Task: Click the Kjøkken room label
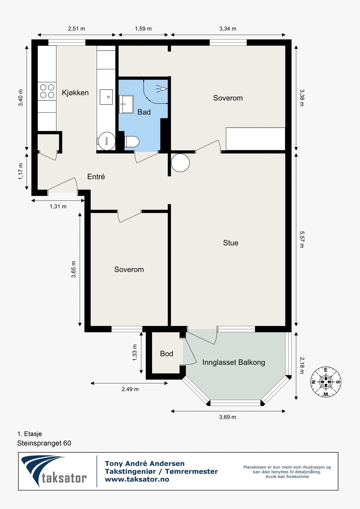(x=75, y=93)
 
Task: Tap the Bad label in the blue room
(x=144, y=112)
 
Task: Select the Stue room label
(x=230, y=243)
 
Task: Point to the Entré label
(x=96, y=176)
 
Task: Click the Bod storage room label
(x=167, y=353)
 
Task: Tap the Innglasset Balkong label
(x=234, y=363)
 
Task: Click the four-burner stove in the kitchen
(x=47, y=91)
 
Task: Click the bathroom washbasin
(x=126, y=104)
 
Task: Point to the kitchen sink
(x=106, y=97)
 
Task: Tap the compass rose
(x=326, y=382)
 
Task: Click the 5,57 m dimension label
(x=302, y=240)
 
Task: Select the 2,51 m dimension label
(x=76, y=29)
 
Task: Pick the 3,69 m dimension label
(x=227, y=417)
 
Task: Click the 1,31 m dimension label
(x=58, y=206)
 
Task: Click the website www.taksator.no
(x=137, y=479)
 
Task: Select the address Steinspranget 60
(x=44, y=443)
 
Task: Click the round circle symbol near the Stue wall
(x=180, y=163)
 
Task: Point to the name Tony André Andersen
(x=145, y=463)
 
